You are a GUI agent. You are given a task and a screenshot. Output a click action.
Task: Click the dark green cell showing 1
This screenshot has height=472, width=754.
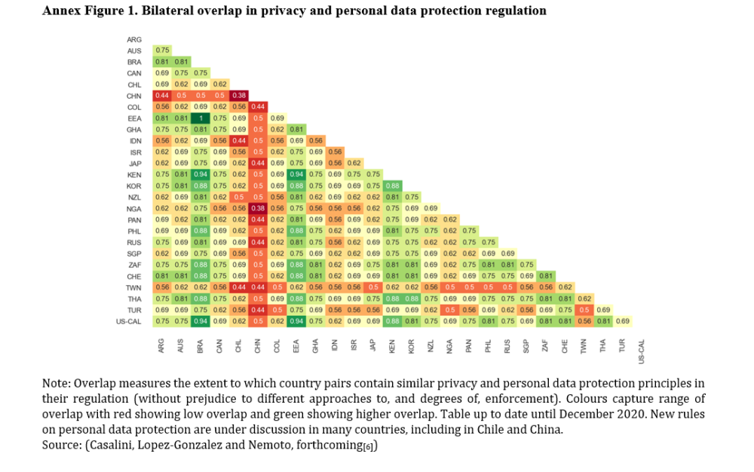pyautogui.click(x=200, y=118)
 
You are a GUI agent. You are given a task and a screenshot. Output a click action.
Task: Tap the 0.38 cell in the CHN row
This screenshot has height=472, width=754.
pyautogui.click(x=239, y=96)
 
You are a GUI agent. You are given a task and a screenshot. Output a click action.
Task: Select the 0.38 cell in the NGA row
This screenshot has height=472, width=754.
pyautogui.click(x=258, y=208)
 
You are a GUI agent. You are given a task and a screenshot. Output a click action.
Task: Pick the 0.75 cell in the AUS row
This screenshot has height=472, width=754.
pyautogui.click(x=161, y=51)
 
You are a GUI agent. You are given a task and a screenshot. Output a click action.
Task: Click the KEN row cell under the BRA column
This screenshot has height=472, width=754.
pyautogui.click(x=200, y=174)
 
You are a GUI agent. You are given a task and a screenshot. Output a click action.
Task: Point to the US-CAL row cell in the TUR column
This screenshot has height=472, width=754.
pyautogui.click(x=622, y=321)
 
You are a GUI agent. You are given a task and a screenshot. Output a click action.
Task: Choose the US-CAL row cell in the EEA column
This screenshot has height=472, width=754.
pyautogui.click(x=296, y=321)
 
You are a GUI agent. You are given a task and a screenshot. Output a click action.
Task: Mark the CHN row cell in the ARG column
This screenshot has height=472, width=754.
pyautogui.click(x=161, y=96)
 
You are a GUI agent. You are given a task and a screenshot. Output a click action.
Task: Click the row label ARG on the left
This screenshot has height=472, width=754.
pyautogui.click(x=134, y=39)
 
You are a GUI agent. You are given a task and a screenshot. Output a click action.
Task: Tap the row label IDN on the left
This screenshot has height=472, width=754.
pyautogui.click(x=135, y=140)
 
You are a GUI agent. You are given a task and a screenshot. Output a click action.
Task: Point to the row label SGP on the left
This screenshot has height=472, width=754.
pyautogui.click(x=134, y=253)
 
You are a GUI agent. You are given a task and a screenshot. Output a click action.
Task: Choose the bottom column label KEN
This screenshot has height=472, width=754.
pyautogui.click(x=392, y=346)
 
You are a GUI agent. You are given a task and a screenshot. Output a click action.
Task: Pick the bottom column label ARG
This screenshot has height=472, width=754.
pyautogui.click(x=161, y=346)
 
